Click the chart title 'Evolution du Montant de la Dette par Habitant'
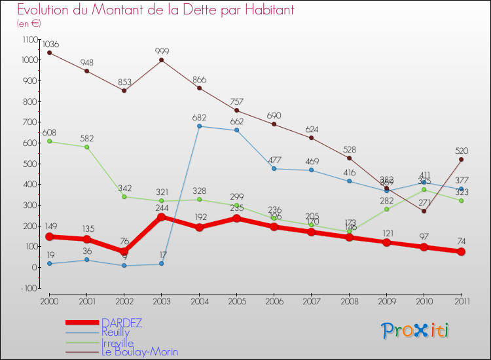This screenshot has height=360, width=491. pyautogui.click(x=156, y=10)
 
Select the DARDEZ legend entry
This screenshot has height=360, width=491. pyautogui.click(x=122, y=323)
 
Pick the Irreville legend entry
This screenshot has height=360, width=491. pyautogui.click(x=118, y=342)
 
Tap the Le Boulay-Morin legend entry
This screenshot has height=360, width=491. pyautogui.click(x=139, y=352)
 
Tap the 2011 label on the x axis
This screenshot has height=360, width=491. pyautogui.click(x=461, y=300)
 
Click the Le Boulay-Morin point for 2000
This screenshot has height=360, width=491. pyautogui.click(x=49, y=53)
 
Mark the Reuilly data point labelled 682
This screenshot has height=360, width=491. pyautogui.click(x=199, y=126)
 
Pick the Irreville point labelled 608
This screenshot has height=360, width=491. pyautogui.click(x=49, y=141)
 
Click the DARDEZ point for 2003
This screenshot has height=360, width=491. pyautogui.click(x=162, y=217)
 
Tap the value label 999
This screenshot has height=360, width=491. pyautogui.click(x=162, y=51)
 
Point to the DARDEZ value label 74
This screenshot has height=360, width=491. pyautogui.click(x=461, y=242)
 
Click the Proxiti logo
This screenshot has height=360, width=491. pyautogui.click(x=416, y=330)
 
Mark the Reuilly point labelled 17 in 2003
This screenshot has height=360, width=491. pyautogui.click(x=162, y=264)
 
